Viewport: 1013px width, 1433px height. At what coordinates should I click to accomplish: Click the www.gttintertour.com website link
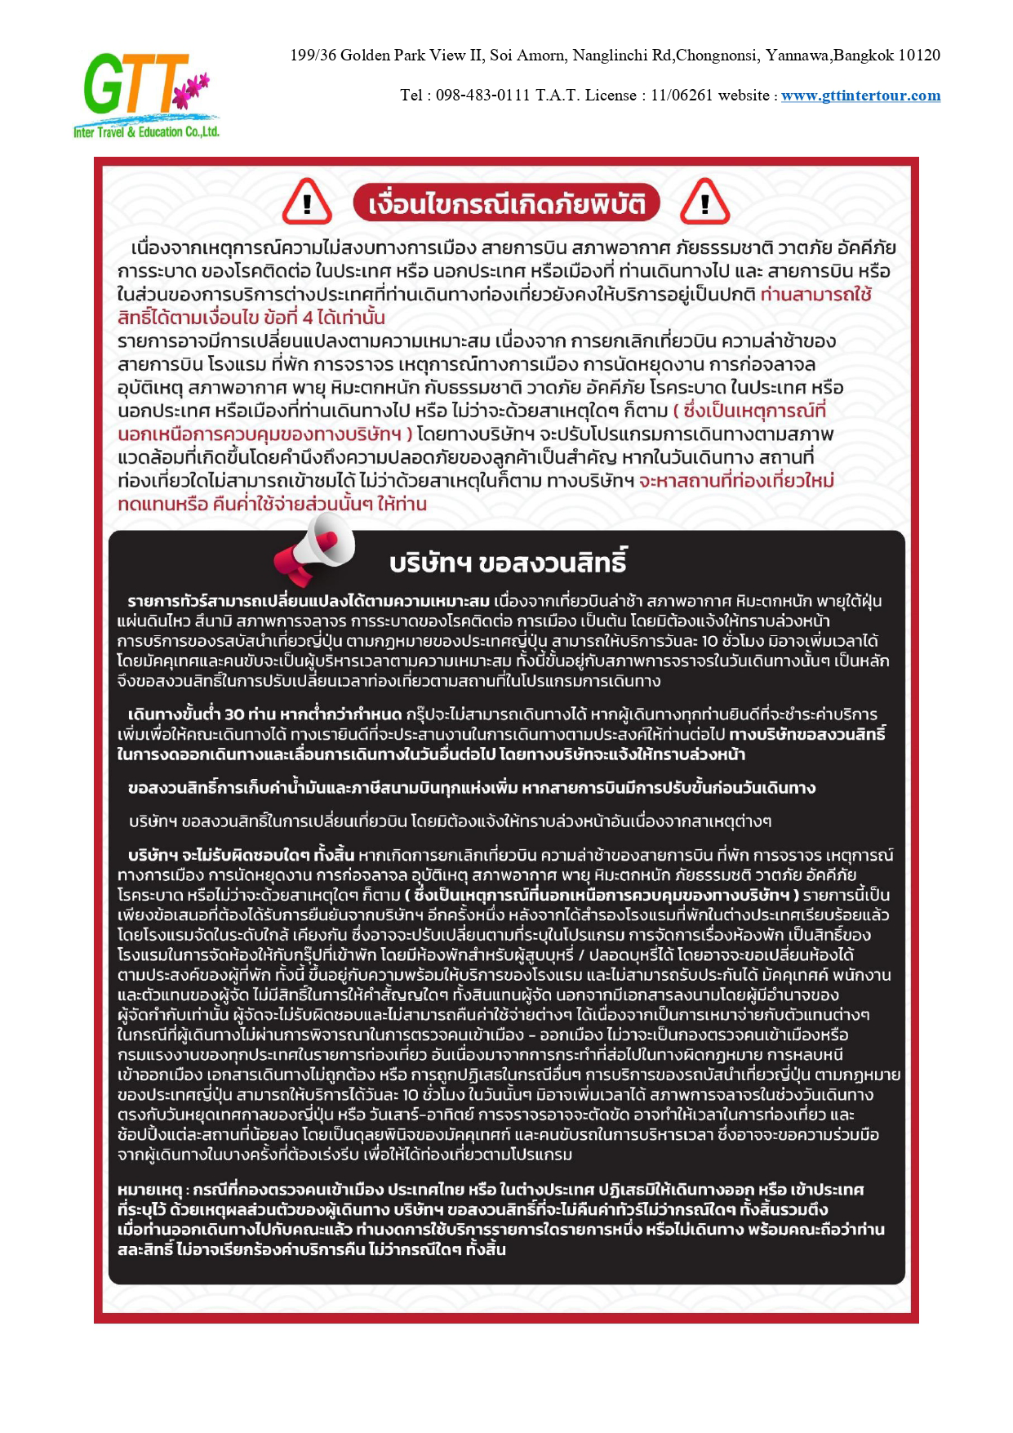[860, 96]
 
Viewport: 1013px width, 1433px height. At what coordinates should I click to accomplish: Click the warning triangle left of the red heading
[307, 202]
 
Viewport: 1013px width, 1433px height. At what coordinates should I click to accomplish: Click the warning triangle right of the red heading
[704, 202]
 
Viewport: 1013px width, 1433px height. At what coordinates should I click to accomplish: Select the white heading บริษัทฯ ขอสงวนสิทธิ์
[508, 563]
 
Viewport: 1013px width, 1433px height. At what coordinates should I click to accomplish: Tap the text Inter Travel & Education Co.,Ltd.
[147, 132]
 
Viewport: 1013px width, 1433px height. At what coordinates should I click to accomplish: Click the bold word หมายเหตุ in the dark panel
[153, 1190]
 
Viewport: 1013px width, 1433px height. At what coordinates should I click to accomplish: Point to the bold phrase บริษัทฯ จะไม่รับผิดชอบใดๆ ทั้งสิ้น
[241, 855]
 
